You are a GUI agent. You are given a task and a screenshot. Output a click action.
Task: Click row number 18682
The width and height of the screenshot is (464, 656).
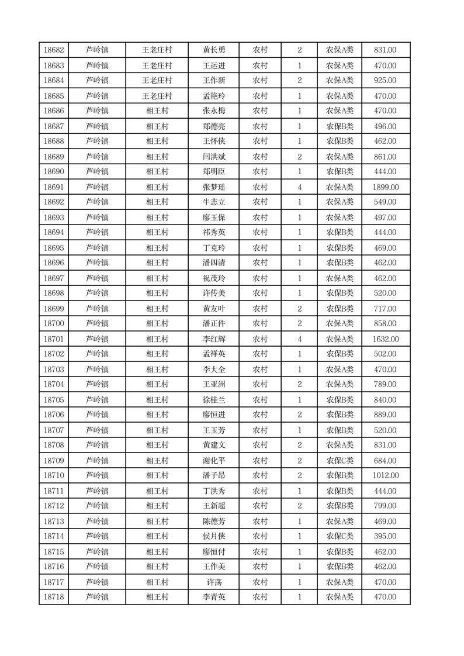(x=54, y=50)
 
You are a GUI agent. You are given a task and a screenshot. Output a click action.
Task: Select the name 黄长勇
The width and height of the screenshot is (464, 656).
(x=213, y=50)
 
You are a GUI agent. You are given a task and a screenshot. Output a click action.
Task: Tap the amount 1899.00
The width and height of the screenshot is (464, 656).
(x=385, y=187)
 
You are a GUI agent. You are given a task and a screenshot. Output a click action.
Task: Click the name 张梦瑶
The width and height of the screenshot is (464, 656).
(x=213, y=187)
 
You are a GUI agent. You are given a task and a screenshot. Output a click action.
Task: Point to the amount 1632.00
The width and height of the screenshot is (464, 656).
(x=385, y=339)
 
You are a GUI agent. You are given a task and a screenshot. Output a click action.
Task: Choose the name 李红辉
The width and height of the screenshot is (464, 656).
(x=213, y=339)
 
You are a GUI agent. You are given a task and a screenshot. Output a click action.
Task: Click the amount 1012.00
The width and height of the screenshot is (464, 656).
(x=385, y=475)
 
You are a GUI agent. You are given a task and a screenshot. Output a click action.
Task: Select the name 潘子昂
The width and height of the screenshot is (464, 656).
(x=213, y=475)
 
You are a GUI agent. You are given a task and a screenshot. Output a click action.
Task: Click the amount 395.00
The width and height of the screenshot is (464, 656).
(x=385, y=536)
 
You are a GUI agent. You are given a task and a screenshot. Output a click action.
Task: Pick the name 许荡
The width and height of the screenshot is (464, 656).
(x=213, y=582)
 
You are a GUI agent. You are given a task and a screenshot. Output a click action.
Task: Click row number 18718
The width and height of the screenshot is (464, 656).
(x=54, y=597)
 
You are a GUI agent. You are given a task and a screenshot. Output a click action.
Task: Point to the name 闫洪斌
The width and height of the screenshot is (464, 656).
(x=213, y=157)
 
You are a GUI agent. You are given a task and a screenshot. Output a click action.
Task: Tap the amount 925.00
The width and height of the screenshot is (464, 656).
(x=385, y=80)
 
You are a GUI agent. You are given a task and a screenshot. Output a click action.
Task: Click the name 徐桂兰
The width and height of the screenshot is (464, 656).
(x=213, y=400)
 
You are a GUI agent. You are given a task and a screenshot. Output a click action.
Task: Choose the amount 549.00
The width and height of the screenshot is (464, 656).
(x=385, y=202)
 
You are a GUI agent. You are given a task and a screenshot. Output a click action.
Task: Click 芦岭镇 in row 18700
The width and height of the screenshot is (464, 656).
(x=97, y=323)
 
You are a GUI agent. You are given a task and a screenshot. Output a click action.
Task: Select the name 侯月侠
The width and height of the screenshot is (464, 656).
(x=213, y=536)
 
